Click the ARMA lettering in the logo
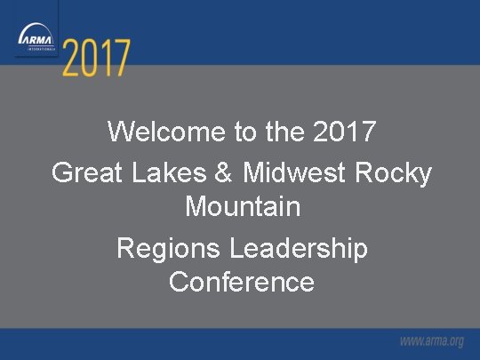click(x=36, y=39)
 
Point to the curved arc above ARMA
click(x=36, y=28)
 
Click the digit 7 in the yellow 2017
click(x=122, y=60)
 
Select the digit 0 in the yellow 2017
click(x=91, y=60)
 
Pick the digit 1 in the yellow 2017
click(x=107, y=60)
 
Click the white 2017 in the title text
click(x=347, y=132)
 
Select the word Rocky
click(x=393, y=172)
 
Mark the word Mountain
click(x=242, y=207)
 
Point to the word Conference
click(x=242, y=282)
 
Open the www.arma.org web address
click(x=431, y=341)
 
